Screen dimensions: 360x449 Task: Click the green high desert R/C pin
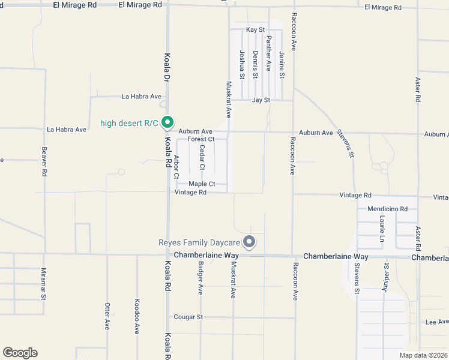pyautogui.click(x=169, y=122)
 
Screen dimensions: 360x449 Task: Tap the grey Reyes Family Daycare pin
pyautogui.click(x=249, y=242)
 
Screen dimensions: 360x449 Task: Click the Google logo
pyautogui.click(x=20, y=353)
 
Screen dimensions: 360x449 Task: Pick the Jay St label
pyautogui.click(x=261, y=100)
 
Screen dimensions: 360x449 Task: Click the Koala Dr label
pyautogui.click(x=167, y=67)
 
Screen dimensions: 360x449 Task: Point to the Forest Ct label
pyautogui.click(x=201, y=139)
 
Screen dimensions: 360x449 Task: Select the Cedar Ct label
pyautogui.click(x=202, y=157)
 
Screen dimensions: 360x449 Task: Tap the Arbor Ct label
pyautogui.click(x=176, y=167)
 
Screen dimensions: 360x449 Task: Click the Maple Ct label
pyautogui.click(x=202, y=184)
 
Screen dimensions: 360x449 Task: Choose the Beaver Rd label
pyautogui.click(x=44, y=161)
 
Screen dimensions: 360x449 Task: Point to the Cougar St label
pyautogui.click(x=188, y=316)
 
